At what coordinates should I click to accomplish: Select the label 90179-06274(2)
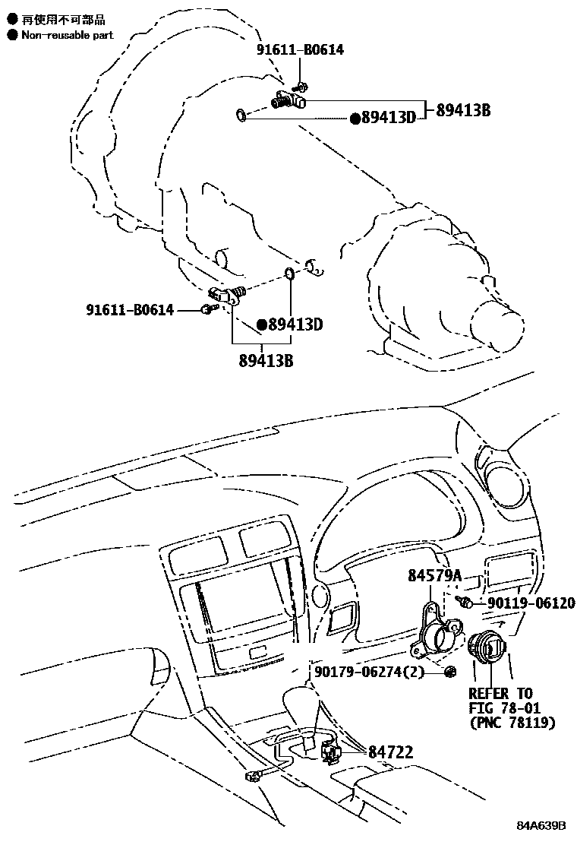(369, 672)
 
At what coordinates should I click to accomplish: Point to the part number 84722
(391, 752)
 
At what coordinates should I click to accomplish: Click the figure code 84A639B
(542, 825)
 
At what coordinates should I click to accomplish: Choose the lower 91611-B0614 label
(129, 310)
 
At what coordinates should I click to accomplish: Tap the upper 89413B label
(463, 110)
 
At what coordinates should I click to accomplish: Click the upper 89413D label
(389, 118)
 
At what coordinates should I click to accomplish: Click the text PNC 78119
(512, 723)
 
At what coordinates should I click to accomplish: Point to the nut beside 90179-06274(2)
(449, 671)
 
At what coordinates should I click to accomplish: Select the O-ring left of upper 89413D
(240, 116)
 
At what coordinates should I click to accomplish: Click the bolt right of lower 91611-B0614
(207, 309)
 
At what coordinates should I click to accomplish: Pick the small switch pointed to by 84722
(331, 752)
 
